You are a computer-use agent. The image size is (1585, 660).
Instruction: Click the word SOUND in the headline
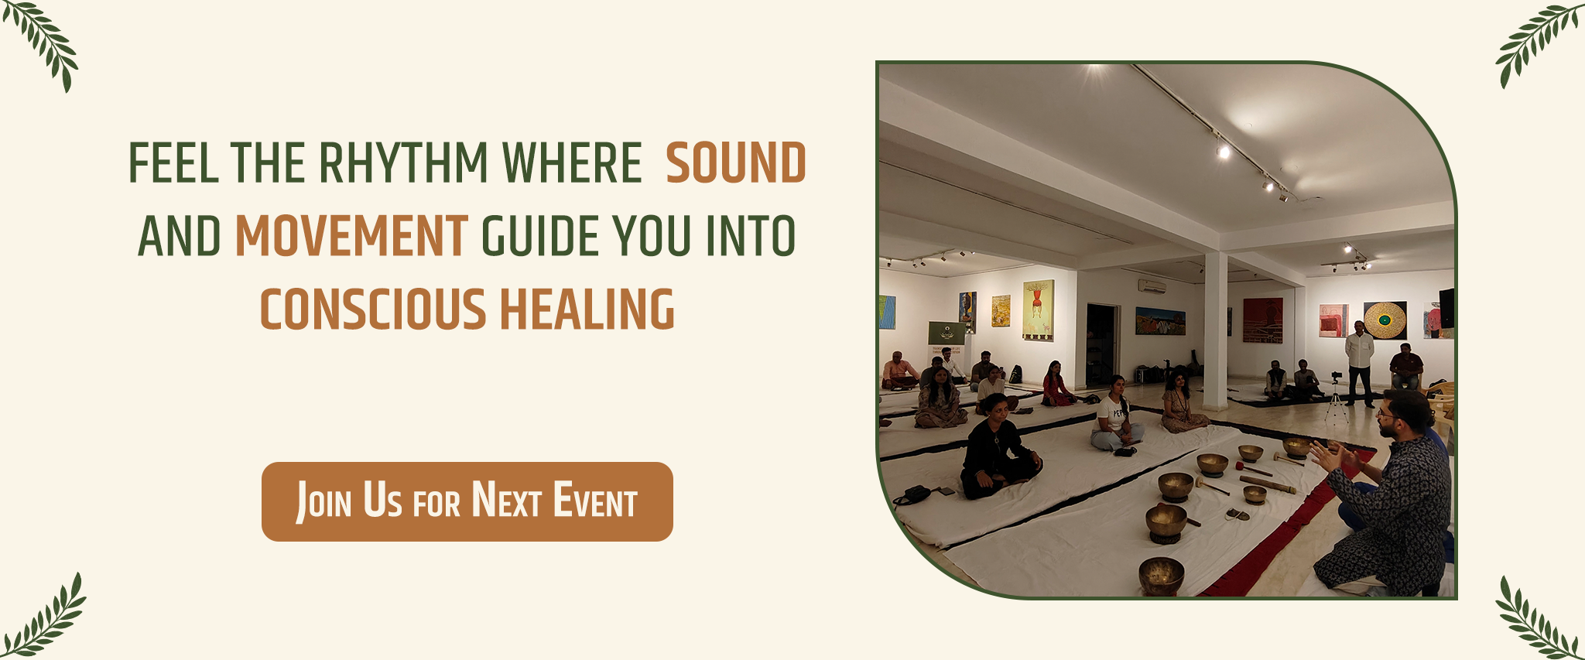click(736, 163)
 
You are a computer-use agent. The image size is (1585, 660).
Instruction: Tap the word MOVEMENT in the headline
click(351, 236)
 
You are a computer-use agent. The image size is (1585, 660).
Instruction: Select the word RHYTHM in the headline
click(403, 163)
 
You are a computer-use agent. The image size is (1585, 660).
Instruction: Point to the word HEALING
click(587, 309)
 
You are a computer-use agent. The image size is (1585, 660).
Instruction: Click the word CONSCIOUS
click(372, 309)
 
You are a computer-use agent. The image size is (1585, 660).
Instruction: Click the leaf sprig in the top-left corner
click(43, 43)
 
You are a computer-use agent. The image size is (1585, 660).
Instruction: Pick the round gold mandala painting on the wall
click(1385, 320)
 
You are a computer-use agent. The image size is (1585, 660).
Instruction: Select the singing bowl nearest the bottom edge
click(1161, 575)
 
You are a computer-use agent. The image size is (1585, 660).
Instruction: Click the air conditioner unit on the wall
click(1152, 286)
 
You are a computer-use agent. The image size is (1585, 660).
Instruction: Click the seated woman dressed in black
click(998, 449)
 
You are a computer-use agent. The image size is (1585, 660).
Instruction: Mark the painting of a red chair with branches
click(1038, 309)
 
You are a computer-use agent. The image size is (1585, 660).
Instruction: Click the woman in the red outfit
click(1055, 384)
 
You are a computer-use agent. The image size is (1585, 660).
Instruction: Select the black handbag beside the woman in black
click(913, 495)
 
